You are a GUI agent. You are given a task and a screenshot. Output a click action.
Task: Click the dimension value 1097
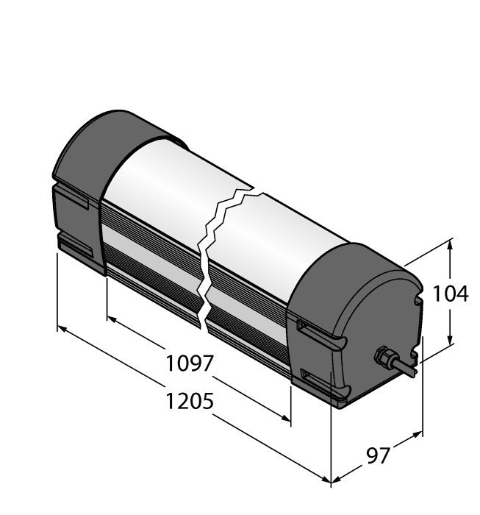(189, 363)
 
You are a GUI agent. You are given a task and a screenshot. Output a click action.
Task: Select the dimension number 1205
(189, 402)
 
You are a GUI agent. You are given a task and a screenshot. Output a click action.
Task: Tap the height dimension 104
(450, 294)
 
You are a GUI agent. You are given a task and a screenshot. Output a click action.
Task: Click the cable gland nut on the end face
(382, 358)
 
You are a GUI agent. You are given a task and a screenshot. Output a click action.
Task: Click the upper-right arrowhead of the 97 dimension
(418, 433)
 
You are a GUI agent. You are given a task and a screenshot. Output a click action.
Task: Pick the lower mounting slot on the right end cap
(316, 383)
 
